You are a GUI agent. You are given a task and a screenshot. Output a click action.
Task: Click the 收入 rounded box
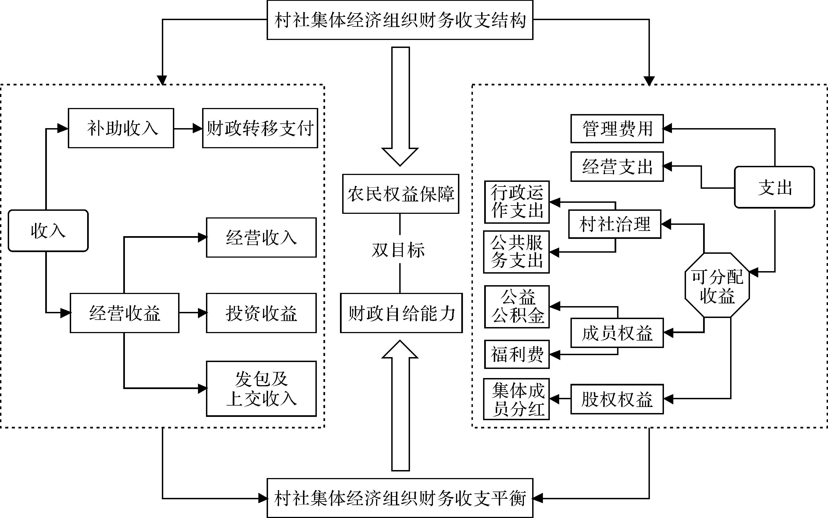tap(48, 231)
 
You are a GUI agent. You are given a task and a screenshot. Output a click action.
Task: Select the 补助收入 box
tap(121, 128)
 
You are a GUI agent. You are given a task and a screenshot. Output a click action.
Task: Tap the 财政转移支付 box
tap(260, 128)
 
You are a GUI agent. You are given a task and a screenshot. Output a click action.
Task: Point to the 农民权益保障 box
tap(400, 194)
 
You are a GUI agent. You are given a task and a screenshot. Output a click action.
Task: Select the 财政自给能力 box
tap(401, 313)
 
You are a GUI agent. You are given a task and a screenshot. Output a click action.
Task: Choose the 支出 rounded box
tap(774, 187)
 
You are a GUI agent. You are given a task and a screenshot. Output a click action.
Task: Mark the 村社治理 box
tap(614, 224)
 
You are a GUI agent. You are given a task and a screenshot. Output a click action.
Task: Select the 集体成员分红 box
tap(517, 399)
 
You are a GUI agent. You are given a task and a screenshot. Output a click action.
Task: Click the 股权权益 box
tap(617, 399)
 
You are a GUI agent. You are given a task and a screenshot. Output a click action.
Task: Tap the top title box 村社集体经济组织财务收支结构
tap(400, 20)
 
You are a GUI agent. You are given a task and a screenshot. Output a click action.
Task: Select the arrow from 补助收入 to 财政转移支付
tap(188, 128)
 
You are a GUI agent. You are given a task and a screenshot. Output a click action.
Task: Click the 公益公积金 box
tap(517, 307)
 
